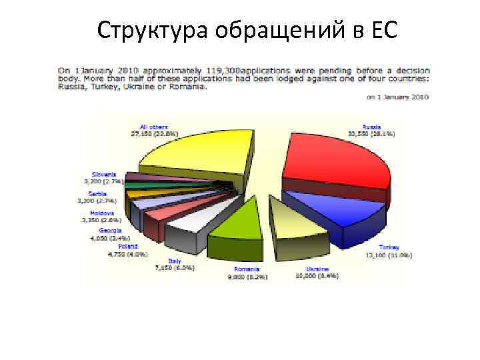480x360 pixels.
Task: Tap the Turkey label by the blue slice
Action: pyautogui.click(x=389, y=247)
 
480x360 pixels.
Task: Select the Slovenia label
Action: pyautogui.click(x=103, y=175)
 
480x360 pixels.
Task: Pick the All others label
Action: pyautogui.click(x=154, y=127)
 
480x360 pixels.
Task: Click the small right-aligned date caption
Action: pyautogui.click(x=398, y=97)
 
